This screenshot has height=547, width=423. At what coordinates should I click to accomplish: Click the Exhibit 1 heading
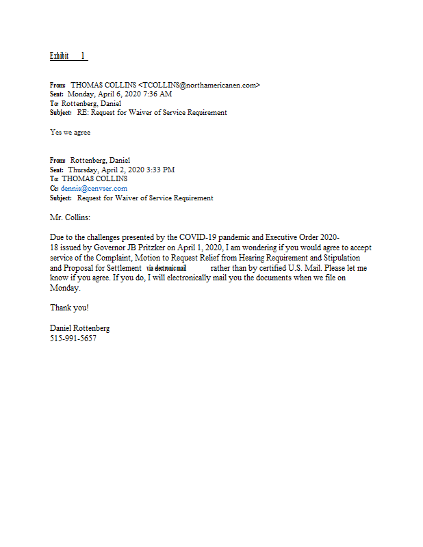(x=68, y=55)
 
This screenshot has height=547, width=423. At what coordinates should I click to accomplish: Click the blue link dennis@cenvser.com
(x=94, y=189)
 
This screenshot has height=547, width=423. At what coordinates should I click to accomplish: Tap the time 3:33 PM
(x=162, y=170)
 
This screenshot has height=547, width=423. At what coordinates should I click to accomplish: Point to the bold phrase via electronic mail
(x=166, y=268)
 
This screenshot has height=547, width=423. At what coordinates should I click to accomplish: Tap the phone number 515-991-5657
(x=73, y=338)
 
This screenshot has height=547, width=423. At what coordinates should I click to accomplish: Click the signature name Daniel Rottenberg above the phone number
(x=79, y=328)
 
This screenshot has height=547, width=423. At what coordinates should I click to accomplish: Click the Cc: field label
(x=54, y=189)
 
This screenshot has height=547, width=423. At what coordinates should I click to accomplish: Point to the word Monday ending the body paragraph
(x=65, y=288)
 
